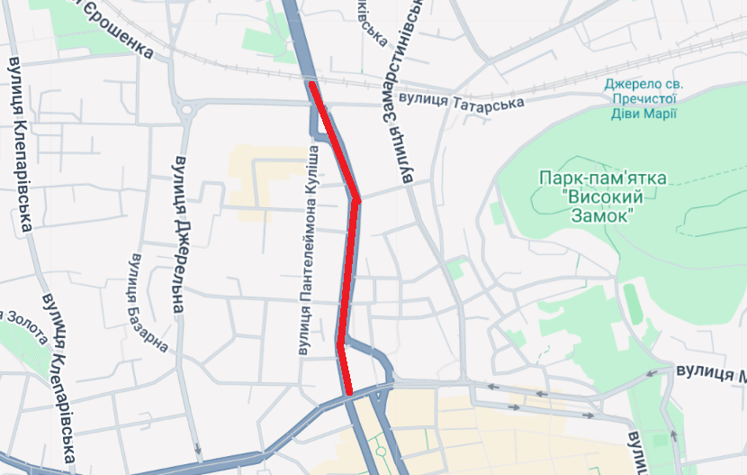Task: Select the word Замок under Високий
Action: (601, 215)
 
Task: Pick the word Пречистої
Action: (643, 98)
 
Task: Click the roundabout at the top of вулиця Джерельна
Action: (189, 111)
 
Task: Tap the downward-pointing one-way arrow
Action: (197, 447)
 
